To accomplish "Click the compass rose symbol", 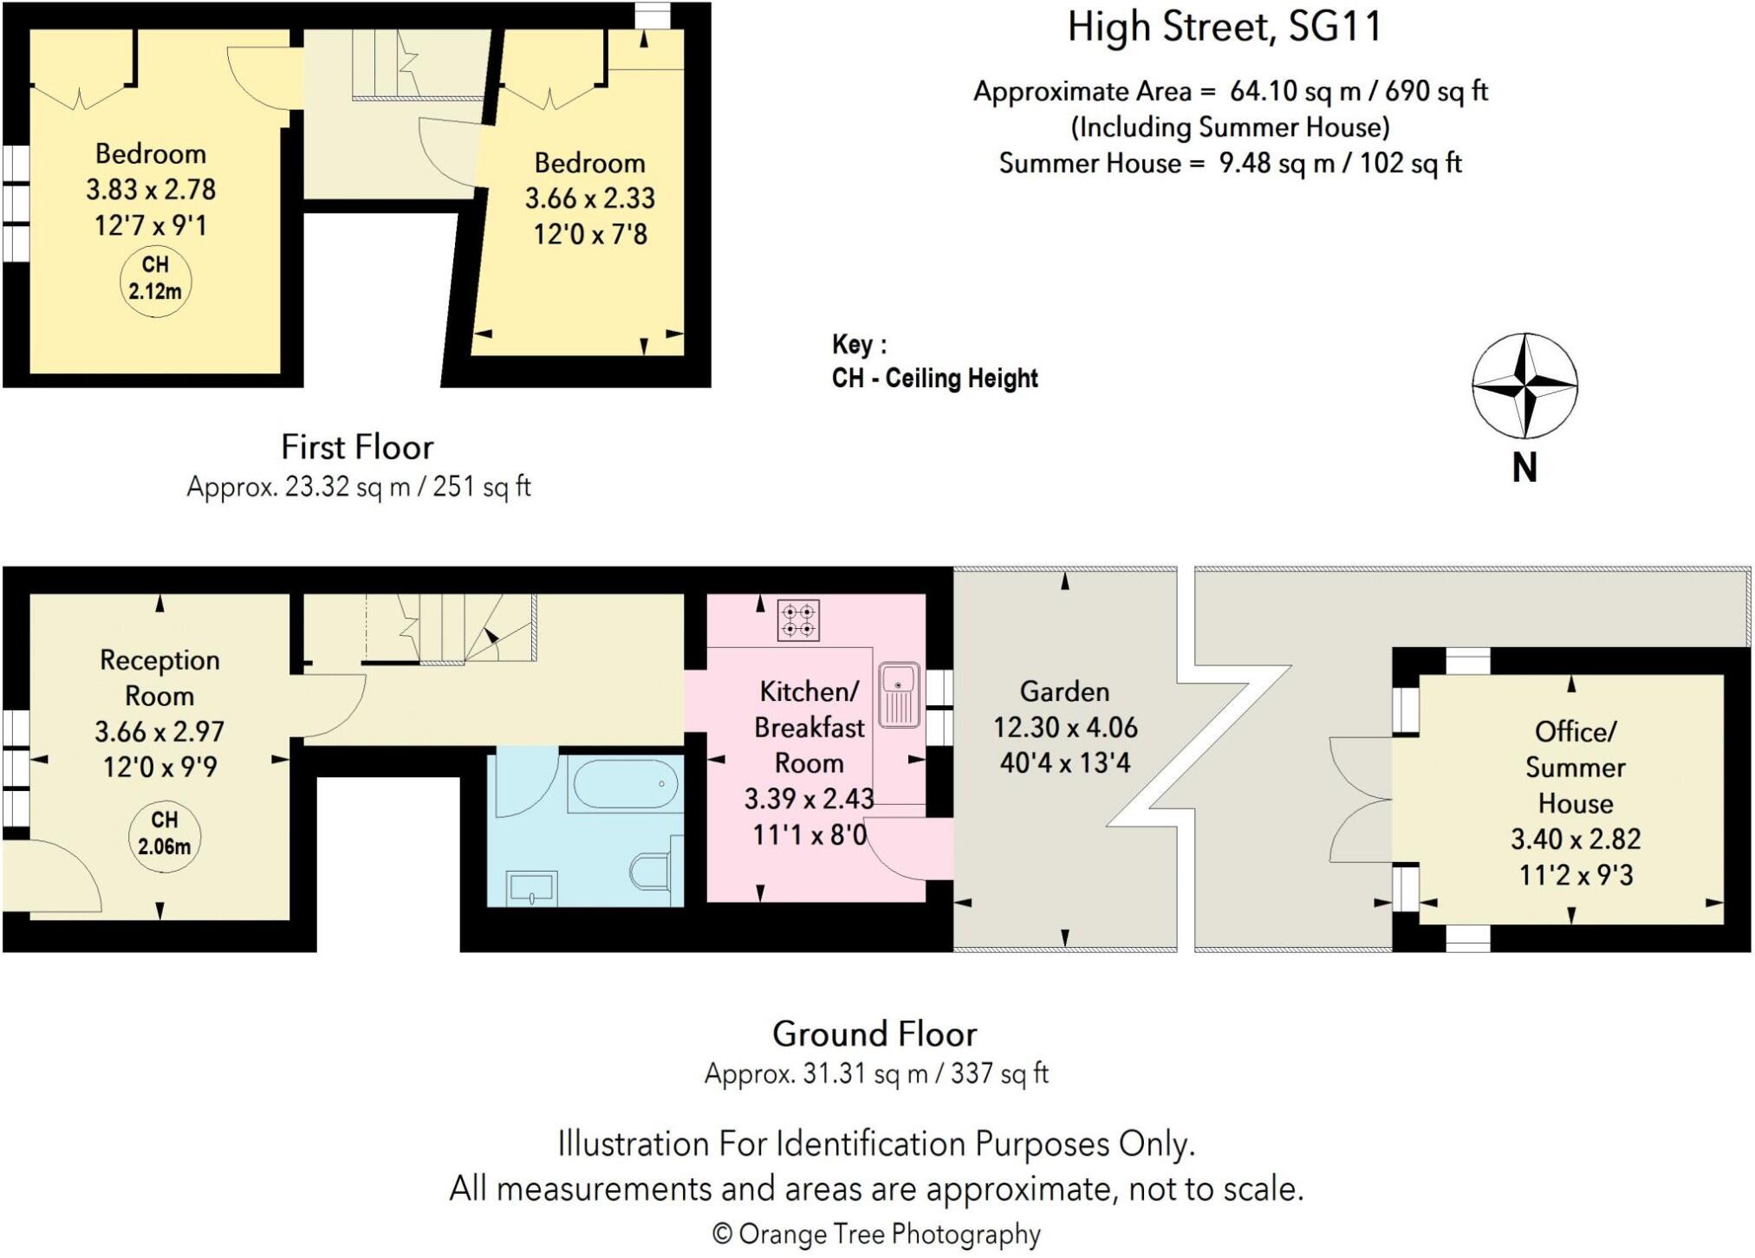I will pos(1524,386).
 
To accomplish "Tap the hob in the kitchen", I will pos(798,620).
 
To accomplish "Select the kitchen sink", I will pos(899,694).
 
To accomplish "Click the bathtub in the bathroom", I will pos(626,785).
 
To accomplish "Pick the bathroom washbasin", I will pos(531,888).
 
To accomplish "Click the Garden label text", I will pos(1064,691).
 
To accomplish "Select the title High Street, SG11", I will pos(1223,28).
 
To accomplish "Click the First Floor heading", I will pos(357,447).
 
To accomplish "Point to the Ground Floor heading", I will pos(874,1034).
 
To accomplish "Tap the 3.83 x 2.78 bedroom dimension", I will pos(151,190).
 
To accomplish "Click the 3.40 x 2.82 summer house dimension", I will pos(1575,839).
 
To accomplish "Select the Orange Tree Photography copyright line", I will pos(875,1234).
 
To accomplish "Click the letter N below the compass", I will pos(1524,469).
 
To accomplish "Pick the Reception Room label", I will pos(159,678).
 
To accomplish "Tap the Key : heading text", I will pos(859,345).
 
